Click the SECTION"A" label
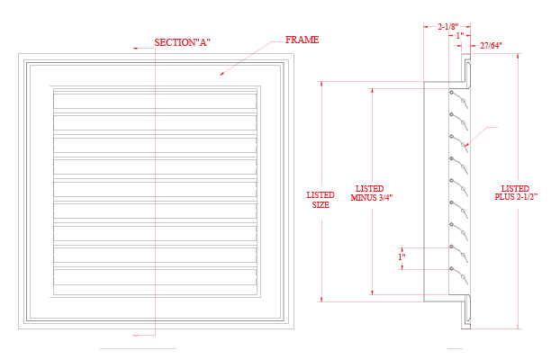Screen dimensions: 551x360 point(183,42)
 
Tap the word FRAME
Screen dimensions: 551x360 point(302,40)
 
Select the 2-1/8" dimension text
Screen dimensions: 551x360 point(448,26)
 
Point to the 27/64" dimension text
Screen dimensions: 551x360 point(491,45)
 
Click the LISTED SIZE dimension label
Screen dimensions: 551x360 point(321,200)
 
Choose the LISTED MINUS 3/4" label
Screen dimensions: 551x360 point(371,193)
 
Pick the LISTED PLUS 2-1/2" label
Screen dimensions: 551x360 point(516,193)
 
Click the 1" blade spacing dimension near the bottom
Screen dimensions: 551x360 point(402,256)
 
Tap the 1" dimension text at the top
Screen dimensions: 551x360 point(460,35)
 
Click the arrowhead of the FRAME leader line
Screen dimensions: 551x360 point(221,74)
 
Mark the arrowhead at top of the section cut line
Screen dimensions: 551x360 point(135,49)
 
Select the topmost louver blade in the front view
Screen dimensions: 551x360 point(155,99)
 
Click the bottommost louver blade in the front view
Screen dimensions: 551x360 point(155,277)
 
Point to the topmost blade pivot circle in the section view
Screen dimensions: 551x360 point(451,93)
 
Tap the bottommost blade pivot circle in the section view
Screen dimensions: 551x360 point(451,269)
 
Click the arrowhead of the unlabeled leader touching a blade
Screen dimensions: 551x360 point(466,145)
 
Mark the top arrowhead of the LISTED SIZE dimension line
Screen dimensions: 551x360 point(321,84)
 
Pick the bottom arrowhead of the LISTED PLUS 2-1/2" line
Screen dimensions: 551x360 point(518,327)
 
